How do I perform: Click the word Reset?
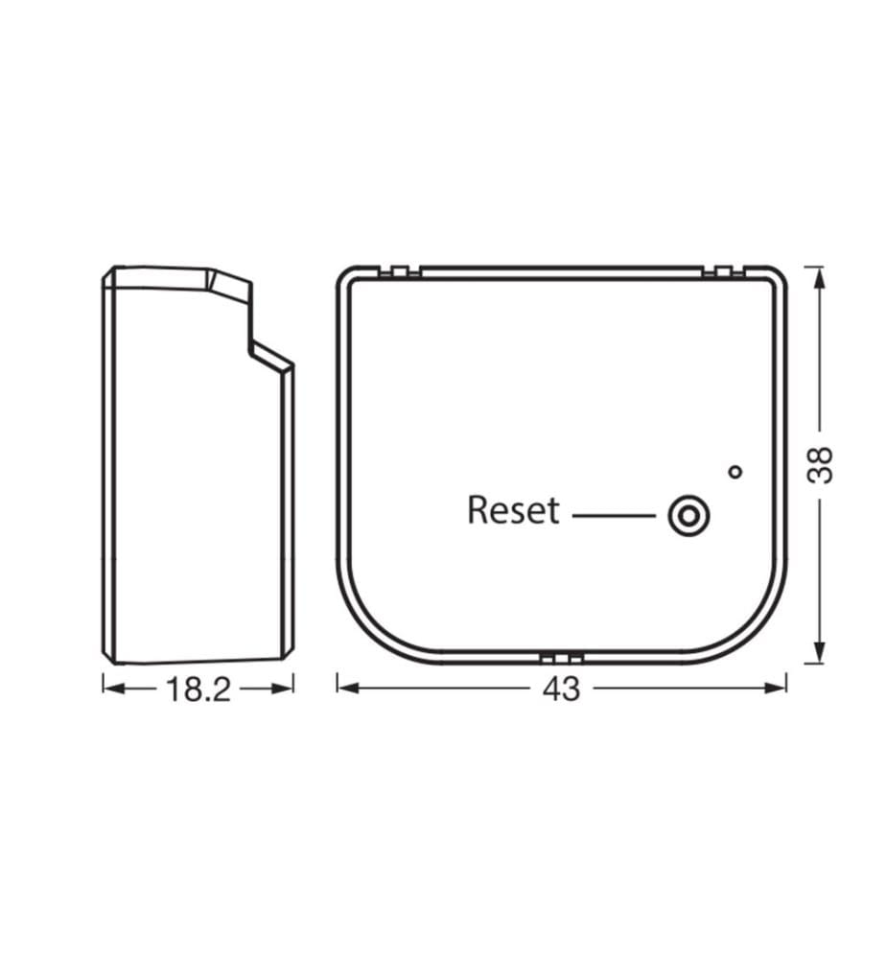click(513, 510)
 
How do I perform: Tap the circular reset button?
click(688, 516)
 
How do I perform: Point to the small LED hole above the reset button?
click(736, 472)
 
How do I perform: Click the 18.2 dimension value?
click(198, 690)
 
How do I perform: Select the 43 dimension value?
click(561, 690)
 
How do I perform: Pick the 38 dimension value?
click(820, 465)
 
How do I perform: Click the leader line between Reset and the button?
click(614, 516)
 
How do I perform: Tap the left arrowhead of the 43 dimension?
click(347, 688)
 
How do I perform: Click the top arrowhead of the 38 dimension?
click(820, 278)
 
